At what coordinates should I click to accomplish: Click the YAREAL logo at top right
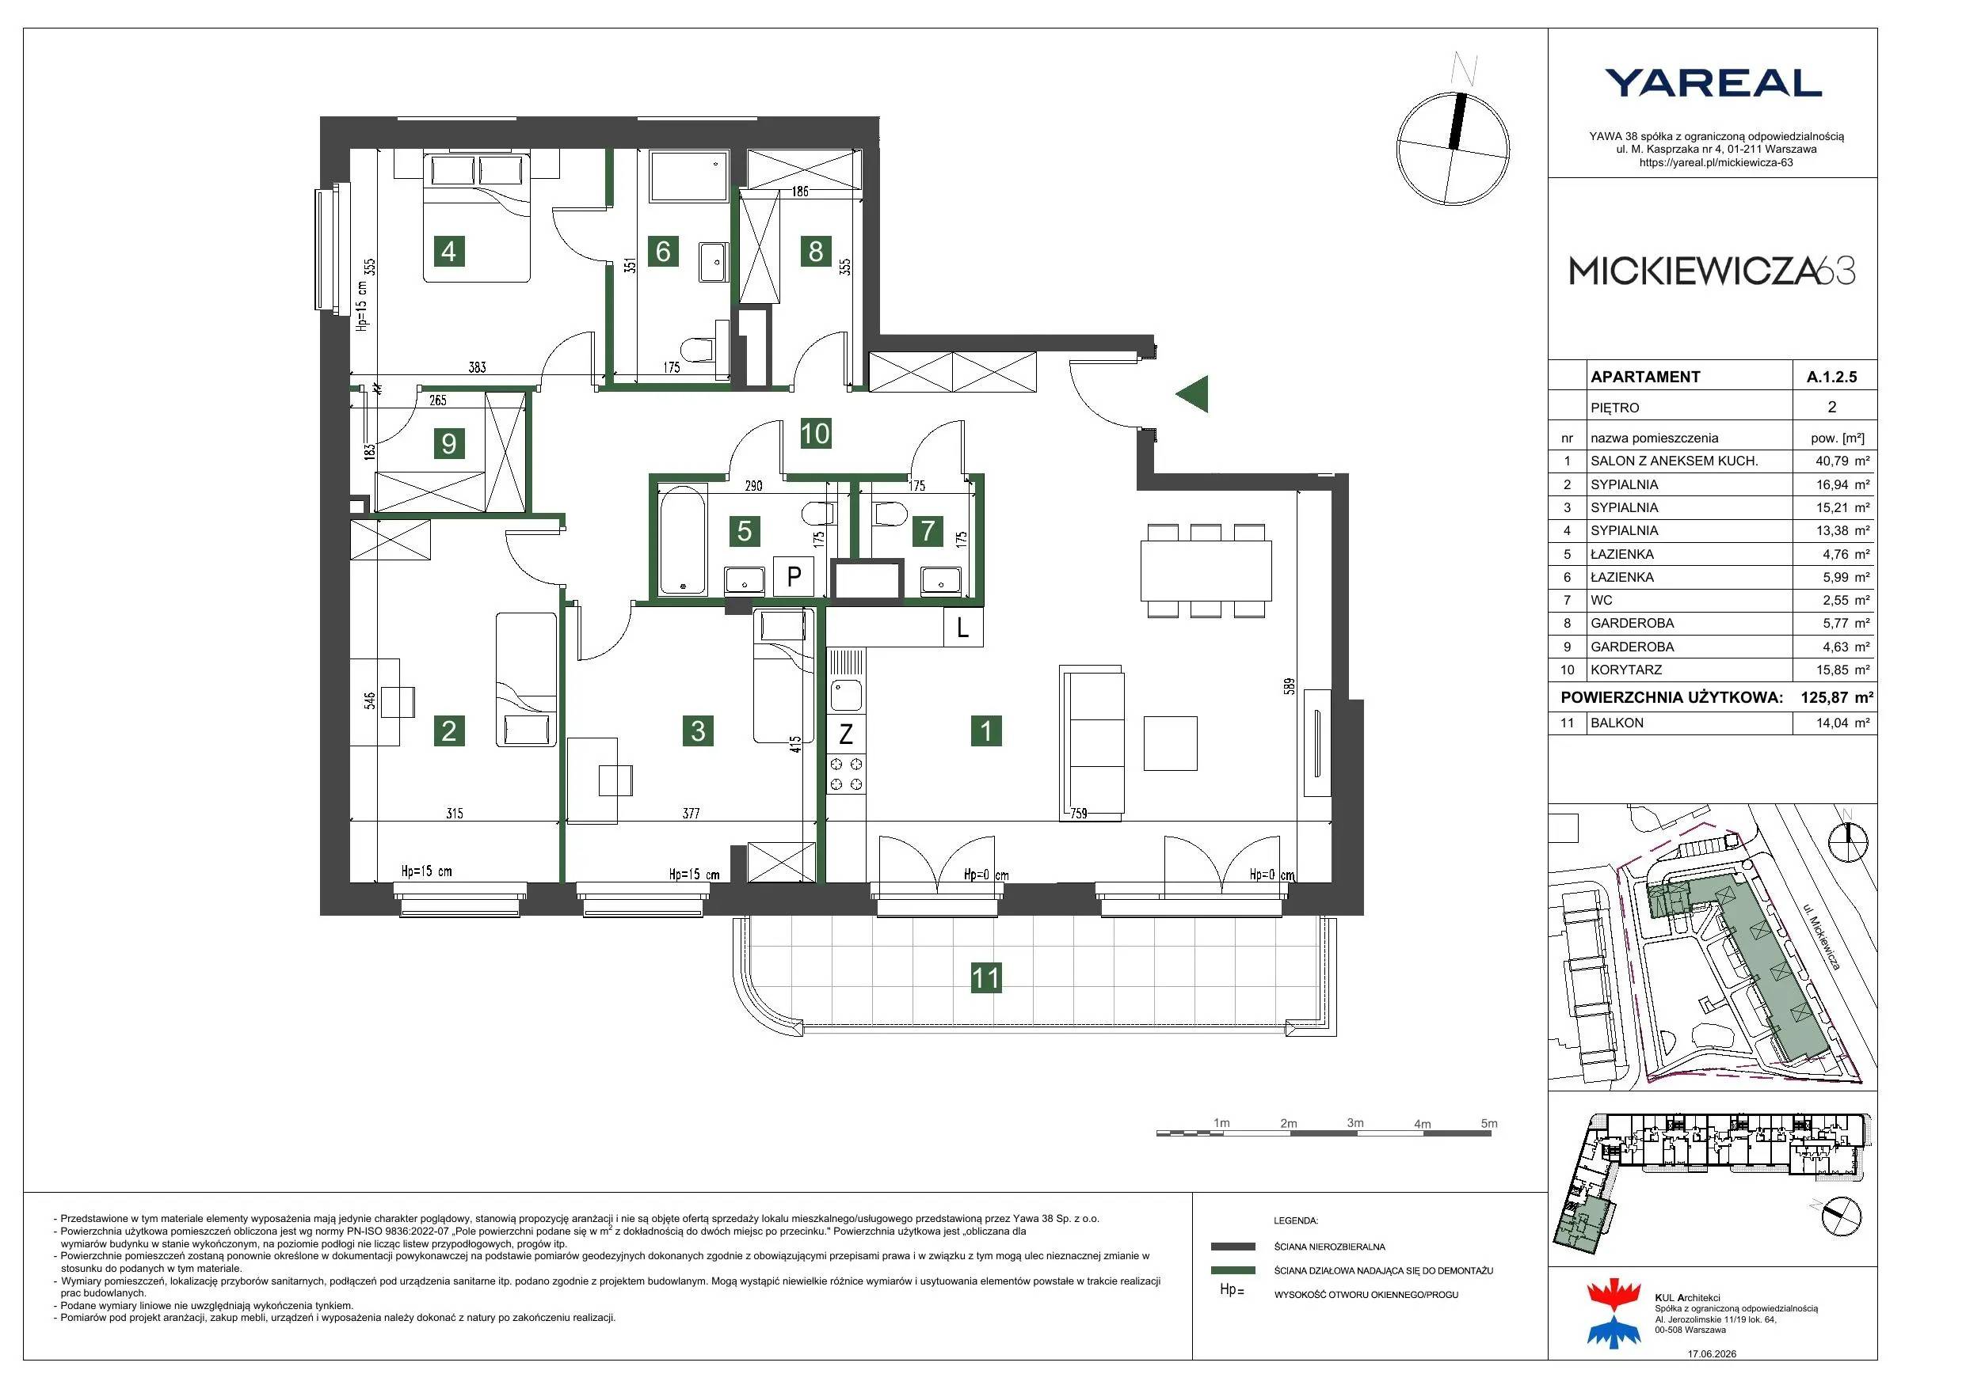[1713, 83]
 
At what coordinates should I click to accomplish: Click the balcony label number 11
[985, 977]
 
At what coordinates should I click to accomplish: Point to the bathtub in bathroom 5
[683, 540]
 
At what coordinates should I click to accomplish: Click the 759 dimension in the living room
[1078, 813]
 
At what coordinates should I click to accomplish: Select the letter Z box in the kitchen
[846, 734]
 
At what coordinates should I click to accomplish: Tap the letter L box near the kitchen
[963, 628]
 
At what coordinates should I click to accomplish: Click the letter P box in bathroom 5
[794, 576]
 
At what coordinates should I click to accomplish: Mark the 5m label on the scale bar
[1489, 1123]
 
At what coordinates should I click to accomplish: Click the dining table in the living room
[1206, 571]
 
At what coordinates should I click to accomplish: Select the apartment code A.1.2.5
[1831, 377]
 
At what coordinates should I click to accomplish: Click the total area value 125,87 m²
[1837, 697]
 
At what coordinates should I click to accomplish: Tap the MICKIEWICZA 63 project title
[1713, 271]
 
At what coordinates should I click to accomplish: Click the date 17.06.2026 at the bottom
[1712, 1354]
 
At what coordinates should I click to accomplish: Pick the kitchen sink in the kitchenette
[846, 694]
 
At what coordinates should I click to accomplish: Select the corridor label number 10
[815, 433]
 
